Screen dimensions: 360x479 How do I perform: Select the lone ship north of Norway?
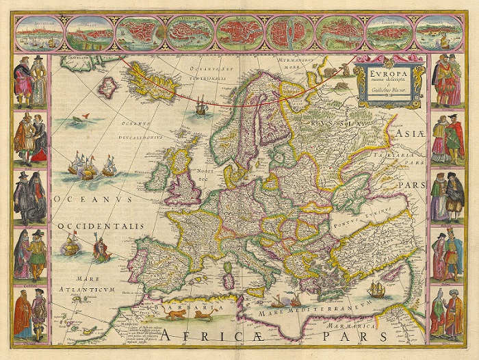click(x=201, y=107)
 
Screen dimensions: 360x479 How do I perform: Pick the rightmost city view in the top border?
click(x=438, y=31)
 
